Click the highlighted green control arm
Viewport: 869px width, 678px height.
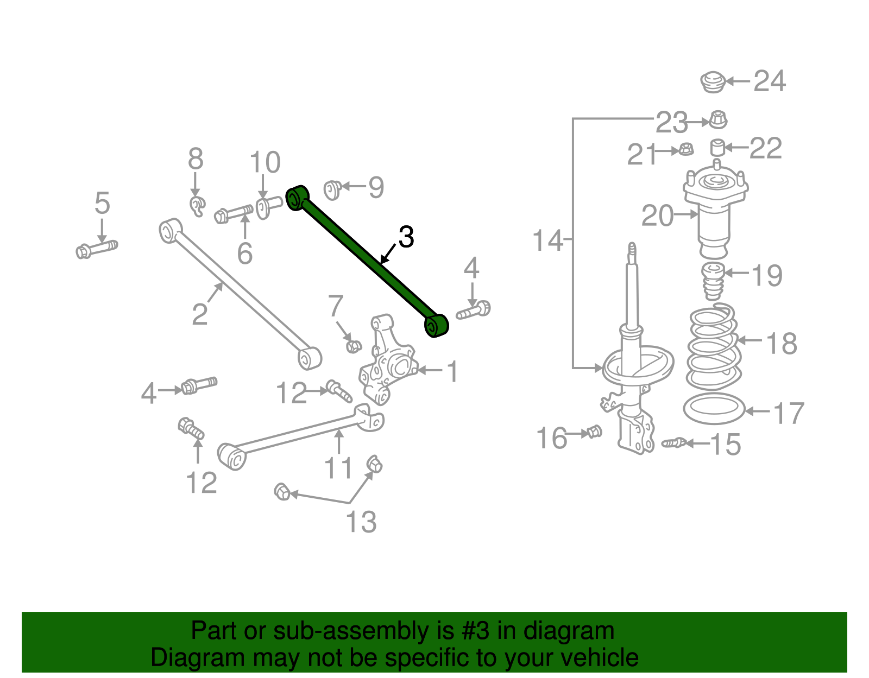[367, 261]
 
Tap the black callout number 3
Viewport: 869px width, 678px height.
[406, 237]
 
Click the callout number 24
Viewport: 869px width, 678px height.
[770, 81]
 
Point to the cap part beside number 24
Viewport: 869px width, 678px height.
[712, 82]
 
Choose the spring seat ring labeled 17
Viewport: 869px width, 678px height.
[714, 410]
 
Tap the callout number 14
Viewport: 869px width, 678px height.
[547, 240]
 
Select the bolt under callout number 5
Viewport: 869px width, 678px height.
[97, 250]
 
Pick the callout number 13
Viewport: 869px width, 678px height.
[361, 522]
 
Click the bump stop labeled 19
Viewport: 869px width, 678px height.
[713, 281]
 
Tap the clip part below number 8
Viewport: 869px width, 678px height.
[197, 206]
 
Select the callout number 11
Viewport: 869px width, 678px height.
[338, 468]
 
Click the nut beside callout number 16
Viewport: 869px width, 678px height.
[595, 432]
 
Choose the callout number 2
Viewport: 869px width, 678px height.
[200, 314]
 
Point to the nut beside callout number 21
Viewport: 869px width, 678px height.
[687, 150]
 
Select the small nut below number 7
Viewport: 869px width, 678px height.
[354, 345]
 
